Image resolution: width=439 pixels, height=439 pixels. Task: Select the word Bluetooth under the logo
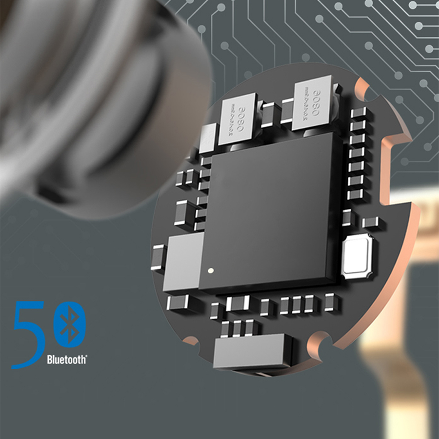[67, 360]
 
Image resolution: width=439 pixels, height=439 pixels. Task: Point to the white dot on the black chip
[211, 270]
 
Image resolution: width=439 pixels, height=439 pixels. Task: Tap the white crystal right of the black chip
[358, 256]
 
